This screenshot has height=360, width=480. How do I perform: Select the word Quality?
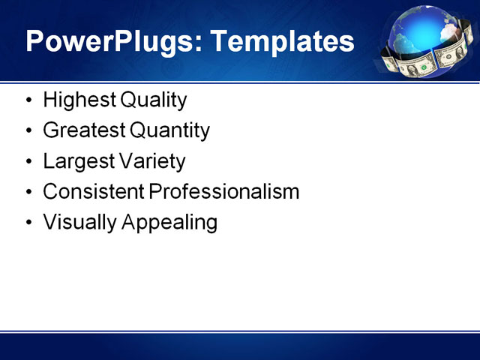[153, 100]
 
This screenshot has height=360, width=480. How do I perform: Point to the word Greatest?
[84, 130]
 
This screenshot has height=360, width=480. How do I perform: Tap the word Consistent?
[94, 192]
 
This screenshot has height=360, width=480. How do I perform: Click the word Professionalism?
[224, 192]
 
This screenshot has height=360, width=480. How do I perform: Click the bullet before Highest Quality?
[28, 100]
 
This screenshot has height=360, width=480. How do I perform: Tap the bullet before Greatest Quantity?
[28, 131]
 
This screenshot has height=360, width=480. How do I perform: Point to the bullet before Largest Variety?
[28, 162]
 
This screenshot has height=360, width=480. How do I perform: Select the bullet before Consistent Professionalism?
[28, 193]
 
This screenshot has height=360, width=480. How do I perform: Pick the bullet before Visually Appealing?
[28, 223]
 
